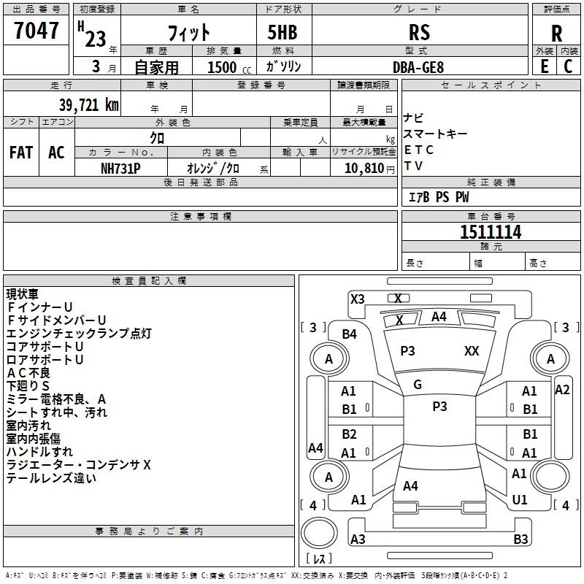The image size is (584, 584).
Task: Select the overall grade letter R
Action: tap(556, 33)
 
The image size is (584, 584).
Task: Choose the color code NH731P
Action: tap(120, 168)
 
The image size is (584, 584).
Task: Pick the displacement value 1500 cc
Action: tap(226, 67)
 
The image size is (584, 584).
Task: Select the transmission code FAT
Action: tap(21, 153)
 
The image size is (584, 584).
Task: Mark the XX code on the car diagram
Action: tap(472, 351)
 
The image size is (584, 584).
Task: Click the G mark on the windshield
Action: tap(418, 385)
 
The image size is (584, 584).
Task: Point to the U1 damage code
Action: tap(520, 499)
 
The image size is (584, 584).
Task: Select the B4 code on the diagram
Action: tap(350, 334)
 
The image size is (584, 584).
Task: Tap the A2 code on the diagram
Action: tap(562, 389)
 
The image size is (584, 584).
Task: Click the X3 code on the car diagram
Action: tap(358, 299)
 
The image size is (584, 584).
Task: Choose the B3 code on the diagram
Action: tap(520, 539)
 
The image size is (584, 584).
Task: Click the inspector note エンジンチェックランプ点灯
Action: tap(79, 334)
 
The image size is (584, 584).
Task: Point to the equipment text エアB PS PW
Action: tap(438, 196)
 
